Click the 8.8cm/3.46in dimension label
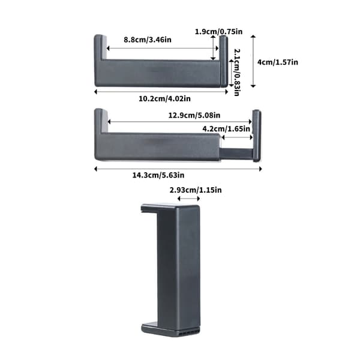(x=148, y=40)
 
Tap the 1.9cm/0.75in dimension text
(x=218, y=31)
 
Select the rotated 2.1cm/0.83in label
(x=237, y=73)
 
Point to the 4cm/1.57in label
(x=278, y=62)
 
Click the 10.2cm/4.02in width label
(x=164, y=99)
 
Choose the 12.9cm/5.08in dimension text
(x=194, y=115)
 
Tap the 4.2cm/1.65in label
(x=226, y=129)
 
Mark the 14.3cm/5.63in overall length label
(x=158, y=175)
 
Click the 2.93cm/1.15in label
(x=196, y=190)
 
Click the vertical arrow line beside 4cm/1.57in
(x=253, y=61)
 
